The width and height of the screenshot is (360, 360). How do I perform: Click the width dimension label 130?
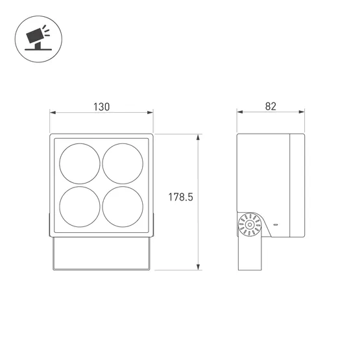pos(102,106)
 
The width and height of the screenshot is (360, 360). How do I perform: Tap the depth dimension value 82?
pos(270,106)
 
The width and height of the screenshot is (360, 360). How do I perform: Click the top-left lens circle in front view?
pos(80,164)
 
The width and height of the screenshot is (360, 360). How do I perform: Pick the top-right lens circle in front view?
pos(123,164)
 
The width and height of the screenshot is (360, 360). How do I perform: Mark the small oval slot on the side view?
pos(275,224)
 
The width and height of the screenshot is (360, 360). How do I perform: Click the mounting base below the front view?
pos(102,253)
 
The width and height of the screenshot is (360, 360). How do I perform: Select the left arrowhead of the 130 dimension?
pos(53,113)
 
